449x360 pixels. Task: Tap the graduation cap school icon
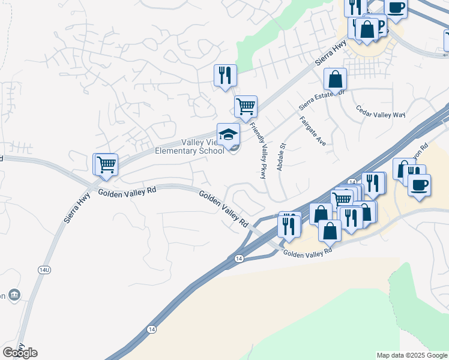click(x=228, y=135)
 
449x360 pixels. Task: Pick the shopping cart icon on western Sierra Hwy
click(x=106, y=164)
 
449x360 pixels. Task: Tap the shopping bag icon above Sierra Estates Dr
click(x=335, y=79)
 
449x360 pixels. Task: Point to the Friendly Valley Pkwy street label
click(x=258, y=151)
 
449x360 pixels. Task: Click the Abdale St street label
click(x=280, y=157)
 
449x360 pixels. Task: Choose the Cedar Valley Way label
click(x=381, y=113)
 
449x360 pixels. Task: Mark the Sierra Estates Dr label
click(x=323, y=100)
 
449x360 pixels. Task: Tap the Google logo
click(x=20, y=353)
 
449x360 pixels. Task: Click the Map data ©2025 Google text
click(x=412, y=355)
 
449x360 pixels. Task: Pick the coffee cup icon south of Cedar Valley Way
click(x=419, y=184)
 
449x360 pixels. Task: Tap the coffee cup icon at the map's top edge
click(x=396, y=7)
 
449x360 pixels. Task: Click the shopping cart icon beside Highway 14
click(x=342, y=199)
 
